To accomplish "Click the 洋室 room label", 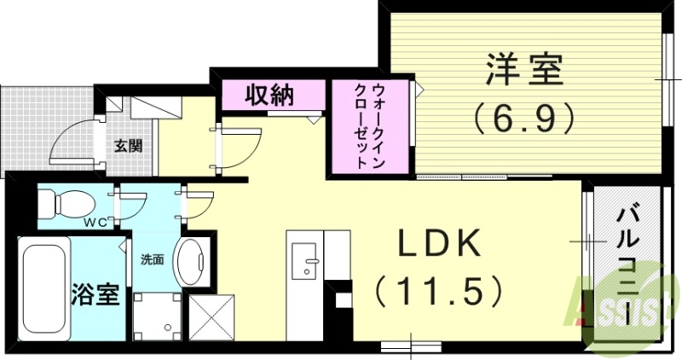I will pos(525,70).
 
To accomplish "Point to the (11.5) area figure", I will pos(438,292).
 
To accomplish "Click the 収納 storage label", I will pos(270,95).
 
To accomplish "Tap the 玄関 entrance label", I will pos(128,145).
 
